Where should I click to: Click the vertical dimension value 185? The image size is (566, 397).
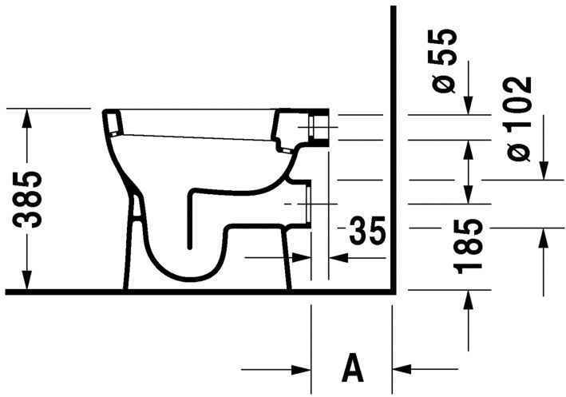[x=470, y=246]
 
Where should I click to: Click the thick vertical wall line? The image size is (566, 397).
[x=394, y=144]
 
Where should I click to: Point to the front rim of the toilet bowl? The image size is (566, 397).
[x=113, y=122]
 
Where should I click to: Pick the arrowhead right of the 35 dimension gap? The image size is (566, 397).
[x=336, y=257]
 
